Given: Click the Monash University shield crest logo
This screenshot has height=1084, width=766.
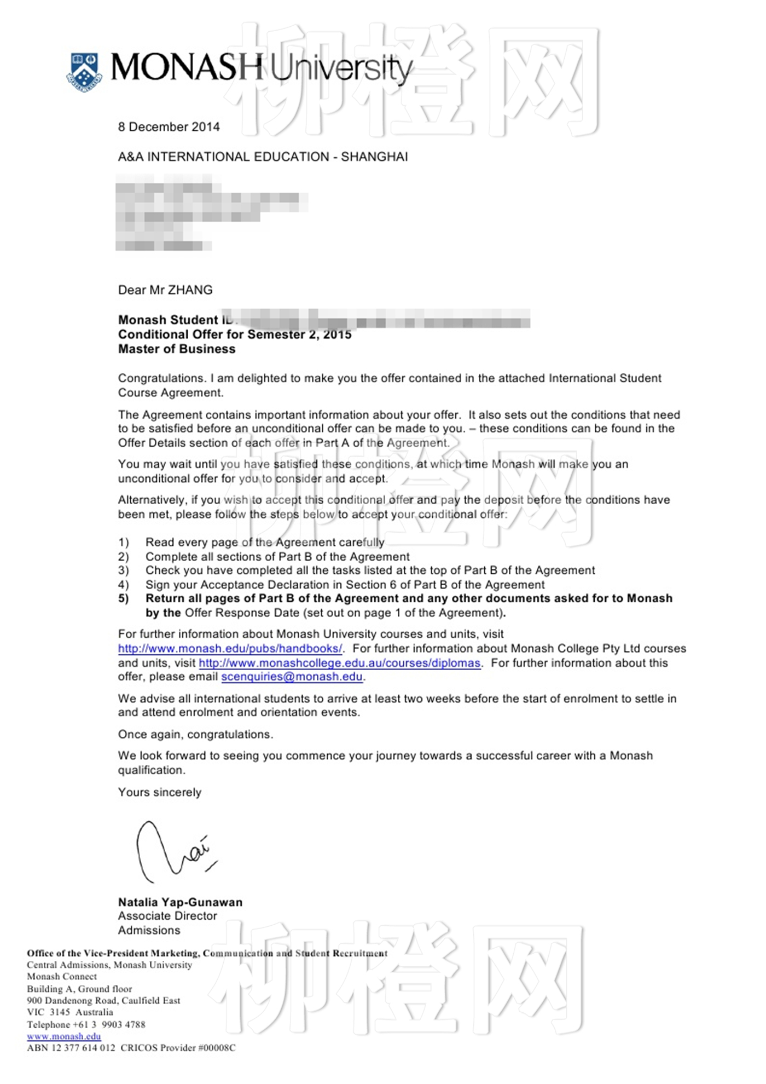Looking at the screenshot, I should pyautogui.click(x=85, y=72).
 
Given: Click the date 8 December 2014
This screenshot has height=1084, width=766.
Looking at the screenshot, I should pyautogui.click(x=169, y=127).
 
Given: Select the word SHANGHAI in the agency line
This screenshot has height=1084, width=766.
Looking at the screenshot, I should pyautogui.click(x=374, y=157).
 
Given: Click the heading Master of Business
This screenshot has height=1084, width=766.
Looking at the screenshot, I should pyautogui.click(x=177, y=349).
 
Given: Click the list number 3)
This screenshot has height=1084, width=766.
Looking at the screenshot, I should pyautogui.click(x=124, y=570).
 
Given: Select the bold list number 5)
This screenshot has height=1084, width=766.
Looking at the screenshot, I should pyautogui.click(x=124, y=598).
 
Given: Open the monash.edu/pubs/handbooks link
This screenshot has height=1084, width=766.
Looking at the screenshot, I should pyautogui.click(x=230, y=649).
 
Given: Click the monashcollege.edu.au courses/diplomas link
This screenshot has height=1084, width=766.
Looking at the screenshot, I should pyautogui.click(x=340, y=663).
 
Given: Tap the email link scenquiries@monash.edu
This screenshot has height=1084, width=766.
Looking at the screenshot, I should pyautogui.click(x=292, y=677).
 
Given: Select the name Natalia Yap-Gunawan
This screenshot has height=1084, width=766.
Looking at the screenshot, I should pyautogui.click(x=180, y=902).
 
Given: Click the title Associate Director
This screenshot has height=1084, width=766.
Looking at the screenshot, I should pyautogui.click(x=167, y=916).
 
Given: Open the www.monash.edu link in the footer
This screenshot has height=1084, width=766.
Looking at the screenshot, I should pyautogui.click(x=64, y=1036).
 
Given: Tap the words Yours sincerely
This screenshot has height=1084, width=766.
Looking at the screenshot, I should pyautogui.click(x=160, y=793).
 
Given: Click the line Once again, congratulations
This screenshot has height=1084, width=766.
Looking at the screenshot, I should pyautogui.click(x=195, y=735).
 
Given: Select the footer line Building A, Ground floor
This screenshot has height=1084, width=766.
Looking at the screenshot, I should pyautogui.click(x=80, y=989).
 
